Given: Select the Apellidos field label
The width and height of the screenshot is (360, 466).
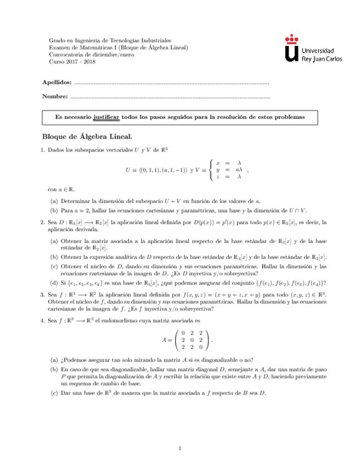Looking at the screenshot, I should point(57,82).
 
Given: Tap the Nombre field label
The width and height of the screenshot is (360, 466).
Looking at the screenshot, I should point(55,97).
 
